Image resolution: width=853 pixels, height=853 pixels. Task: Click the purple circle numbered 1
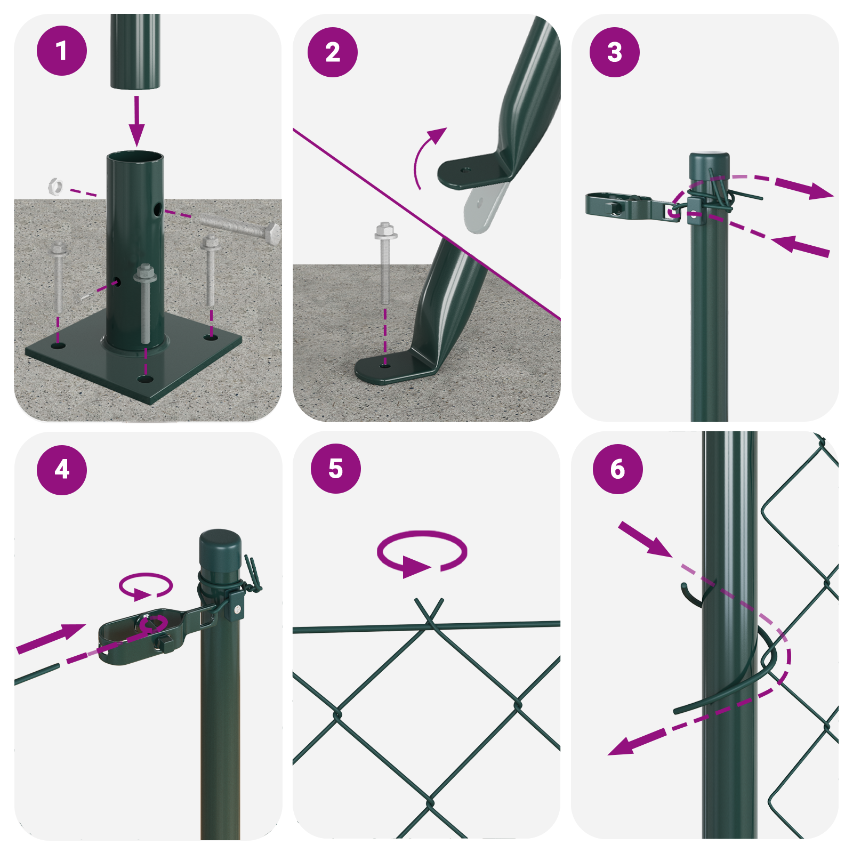(61, 51)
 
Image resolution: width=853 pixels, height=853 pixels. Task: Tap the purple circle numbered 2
(333, 52)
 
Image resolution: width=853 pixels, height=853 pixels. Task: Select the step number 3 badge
(614, 52)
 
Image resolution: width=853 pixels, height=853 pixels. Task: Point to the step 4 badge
(61, 470)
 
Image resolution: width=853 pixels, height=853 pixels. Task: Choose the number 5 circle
(335, 469)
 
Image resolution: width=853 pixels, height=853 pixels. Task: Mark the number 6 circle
(617, 469)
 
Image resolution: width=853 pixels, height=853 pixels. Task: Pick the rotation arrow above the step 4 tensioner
(146, 586)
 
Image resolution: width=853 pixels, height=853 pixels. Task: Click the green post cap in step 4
(220, 549)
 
